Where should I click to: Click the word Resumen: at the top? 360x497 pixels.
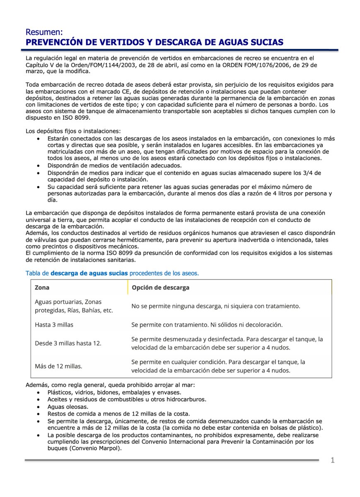[x=44, y=32]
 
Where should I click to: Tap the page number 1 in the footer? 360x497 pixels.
[x=332, y=461]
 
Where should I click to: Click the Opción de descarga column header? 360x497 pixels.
[x=160, y=287]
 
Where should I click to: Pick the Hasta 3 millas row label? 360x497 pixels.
[x=54, y=325]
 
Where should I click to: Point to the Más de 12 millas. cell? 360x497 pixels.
[x=58, y=366]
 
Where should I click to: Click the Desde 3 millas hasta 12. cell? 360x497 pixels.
[x=68, y=343]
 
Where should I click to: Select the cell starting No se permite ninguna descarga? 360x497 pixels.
[x=215, y=306]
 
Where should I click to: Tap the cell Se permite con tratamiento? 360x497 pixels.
[x=207, y=325]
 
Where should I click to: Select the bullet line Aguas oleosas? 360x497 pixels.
[x=68, y=407]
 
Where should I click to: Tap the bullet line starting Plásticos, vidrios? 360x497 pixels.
[x=114, y=392]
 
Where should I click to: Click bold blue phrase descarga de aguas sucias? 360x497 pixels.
[x=89, y=273]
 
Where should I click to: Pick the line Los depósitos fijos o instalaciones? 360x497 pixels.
[x=73, y=131]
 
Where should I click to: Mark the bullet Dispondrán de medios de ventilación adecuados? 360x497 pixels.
[x=114, y=165]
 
